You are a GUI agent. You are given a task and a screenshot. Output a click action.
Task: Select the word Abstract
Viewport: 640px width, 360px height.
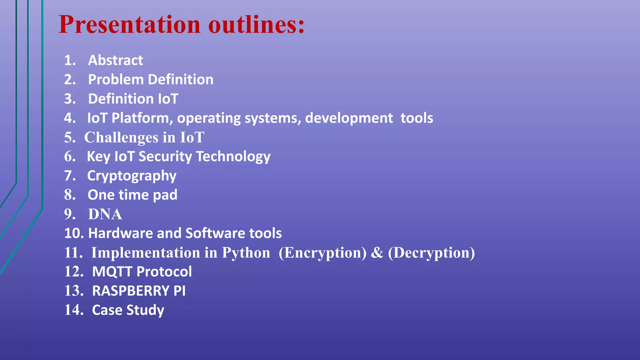point(115,60)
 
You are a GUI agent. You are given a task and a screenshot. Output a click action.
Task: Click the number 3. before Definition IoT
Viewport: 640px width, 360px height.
point(70,99)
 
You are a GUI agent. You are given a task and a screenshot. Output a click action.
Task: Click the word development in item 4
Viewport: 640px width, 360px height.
point(349,118)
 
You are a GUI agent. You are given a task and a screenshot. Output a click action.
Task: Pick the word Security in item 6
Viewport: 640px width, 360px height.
point(165,157)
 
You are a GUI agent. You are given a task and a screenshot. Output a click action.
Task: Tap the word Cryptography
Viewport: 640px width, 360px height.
point(132,176)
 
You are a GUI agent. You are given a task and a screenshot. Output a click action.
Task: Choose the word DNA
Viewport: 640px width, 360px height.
point(105,214)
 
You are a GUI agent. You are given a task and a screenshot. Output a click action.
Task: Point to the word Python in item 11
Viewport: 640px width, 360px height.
point(246,253)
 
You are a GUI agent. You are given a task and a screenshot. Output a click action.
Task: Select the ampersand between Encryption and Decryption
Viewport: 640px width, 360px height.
point(377,253)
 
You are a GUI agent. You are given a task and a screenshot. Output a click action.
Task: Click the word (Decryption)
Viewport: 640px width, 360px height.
point(431,253)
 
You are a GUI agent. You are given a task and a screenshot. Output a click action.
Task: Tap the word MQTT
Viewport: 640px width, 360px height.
point(112,272)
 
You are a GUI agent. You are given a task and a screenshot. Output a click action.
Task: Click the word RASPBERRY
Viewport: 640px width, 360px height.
point(131,291)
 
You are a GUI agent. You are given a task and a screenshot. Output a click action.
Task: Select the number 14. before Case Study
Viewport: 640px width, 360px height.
point(74,310)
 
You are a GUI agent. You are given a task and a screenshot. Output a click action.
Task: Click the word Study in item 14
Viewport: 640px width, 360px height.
point(145,310)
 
